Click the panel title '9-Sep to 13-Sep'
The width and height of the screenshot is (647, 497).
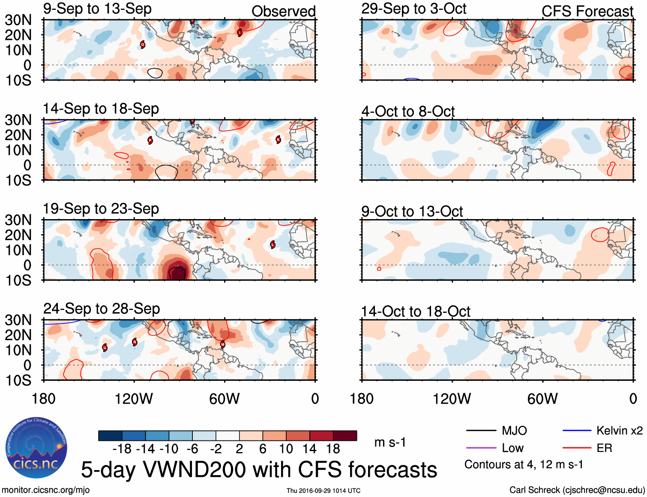pos(97,9)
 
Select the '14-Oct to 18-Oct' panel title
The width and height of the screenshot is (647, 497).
pos(416,312)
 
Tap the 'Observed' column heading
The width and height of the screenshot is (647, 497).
pos(283,12)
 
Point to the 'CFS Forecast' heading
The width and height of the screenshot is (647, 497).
pos(587,12)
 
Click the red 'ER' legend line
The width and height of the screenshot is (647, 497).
pos(577,448)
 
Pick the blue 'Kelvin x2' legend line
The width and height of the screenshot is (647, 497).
pos(577,431)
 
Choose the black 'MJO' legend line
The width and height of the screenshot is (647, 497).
pos(481,431)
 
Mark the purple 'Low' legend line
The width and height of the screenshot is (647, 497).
pos(481,448)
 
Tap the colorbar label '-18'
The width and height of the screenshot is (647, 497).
pos(122,449)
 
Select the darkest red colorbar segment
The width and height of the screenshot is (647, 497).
pos(345,436)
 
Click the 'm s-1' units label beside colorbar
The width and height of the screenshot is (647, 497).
pos(390,443)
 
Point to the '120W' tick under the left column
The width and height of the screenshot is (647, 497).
pos(134,399)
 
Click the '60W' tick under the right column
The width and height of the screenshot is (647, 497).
pos(542,399)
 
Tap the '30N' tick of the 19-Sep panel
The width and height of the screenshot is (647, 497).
pos(18,220)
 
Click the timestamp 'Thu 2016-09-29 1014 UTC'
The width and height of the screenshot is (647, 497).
pos(323,491)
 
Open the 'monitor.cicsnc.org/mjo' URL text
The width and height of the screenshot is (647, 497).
pos(46,490)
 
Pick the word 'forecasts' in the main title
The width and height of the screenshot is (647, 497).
pos(392,470)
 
